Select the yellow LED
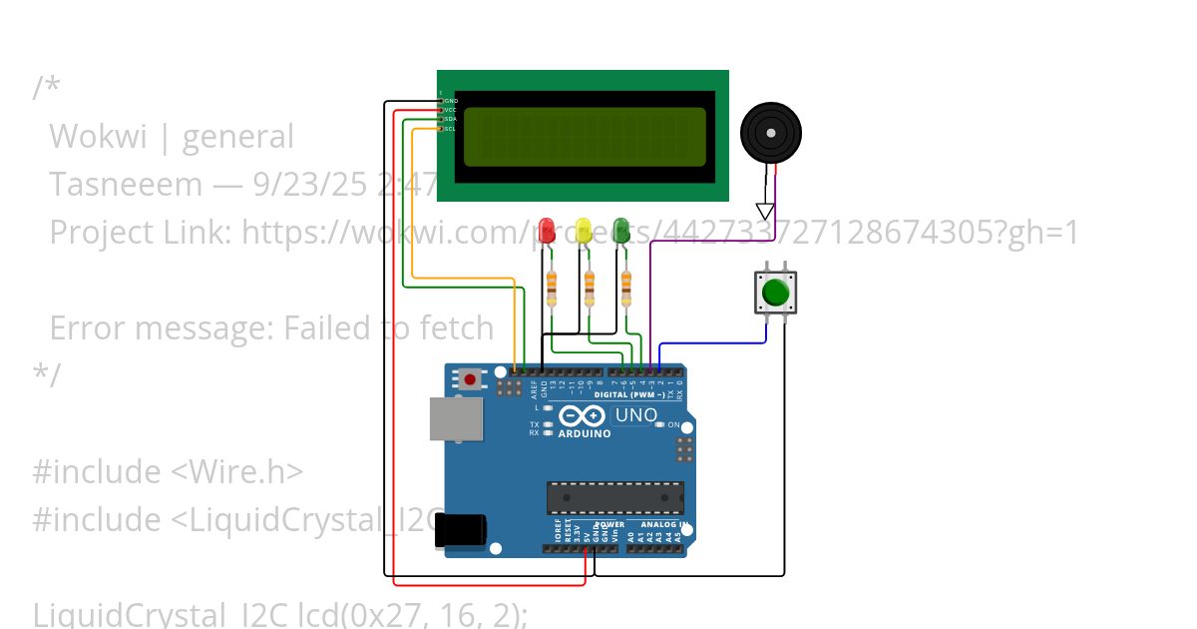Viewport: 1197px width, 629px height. pos(584,230)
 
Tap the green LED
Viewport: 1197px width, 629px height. pos(620,230)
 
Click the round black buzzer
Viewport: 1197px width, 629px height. pos(770,133)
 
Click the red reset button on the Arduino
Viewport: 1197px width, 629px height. pos(469,378)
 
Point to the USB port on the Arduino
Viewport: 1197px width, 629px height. pos(455,418)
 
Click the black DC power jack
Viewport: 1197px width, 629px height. pos(460,530)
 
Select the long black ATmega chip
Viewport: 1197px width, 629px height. pos(614,497)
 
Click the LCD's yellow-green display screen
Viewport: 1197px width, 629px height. pos(585,137)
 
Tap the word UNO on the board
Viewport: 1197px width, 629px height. pos(636,415)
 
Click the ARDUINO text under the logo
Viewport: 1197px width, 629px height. pos(585,434)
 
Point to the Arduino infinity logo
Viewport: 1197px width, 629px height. pos(583,416)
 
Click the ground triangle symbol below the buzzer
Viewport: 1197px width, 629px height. pos(765,211)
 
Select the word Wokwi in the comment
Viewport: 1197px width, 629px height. pos(98,137)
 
